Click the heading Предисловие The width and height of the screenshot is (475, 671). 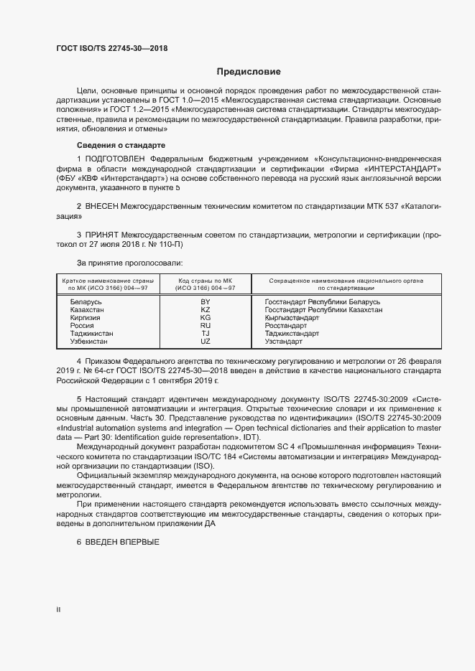point(249,72)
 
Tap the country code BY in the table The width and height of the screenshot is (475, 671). point(205,302)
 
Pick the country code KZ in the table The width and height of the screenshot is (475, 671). point(205,310)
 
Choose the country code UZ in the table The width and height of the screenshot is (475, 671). point(205,342)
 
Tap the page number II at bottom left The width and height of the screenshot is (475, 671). point(59,609)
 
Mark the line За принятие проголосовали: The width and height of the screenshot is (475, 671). point(119,263)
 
